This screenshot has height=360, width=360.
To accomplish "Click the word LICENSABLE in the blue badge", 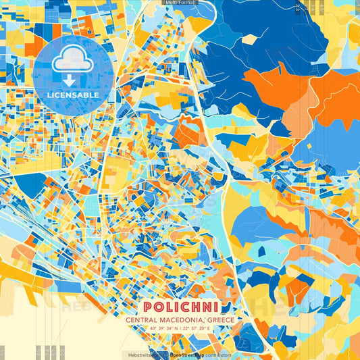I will coord(73,95).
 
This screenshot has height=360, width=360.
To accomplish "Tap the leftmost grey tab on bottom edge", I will coord(2,353).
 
